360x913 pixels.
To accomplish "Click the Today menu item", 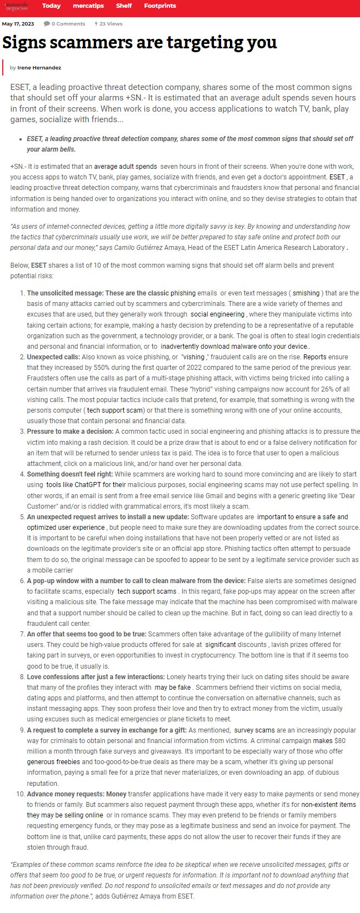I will (x=51, y=6).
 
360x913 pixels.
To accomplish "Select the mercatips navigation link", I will (x=89, y=6).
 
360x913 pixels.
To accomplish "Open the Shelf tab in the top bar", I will (x=124, y=6).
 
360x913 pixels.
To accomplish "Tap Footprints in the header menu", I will (x=160, y=6).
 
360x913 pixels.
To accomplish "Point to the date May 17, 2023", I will (x=18, y=24).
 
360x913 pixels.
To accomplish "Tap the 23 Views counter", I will (x=109, y=24).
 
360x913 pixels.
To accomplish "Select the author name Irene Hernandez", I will (x=39, y=68).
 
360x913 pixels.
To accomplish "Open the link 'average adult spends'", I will (x=126, y=167).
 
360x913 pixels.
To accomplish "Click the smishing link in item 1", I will (x=306, y=293).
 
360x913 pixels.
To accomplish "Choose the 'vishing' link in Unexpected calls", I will (x=193, y=358).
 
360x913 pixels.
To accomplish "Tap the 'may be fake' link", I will (x=173, y=688).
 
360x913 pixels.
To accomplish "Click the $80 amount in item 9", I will (x=341, y=741).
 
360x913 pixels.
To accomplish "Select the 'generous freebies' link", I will (x=53, y=762).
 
